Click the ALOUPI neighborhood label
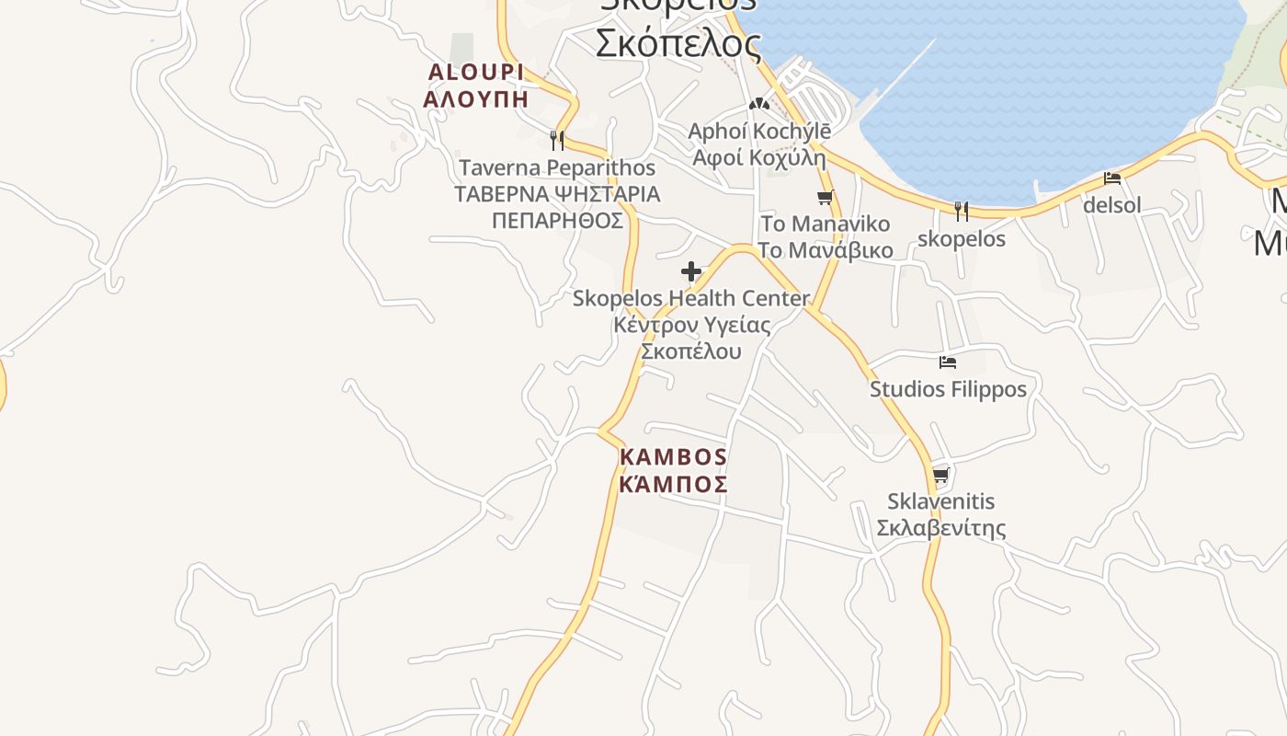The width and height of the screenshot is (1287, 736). tap(475, 72)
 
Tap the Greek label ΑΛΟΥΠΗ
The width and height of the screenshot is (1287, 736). tap(475, 98)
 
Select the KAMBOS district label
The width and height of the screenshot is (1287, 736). tap(673, 457)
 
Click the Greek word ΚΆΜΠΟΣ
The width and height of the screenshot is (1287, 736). tap(673, 484)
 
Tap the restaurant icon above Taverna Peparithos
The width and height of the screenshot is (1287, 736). tap(556, 140)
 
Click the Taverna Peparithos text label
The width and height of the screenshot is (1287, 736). tap(557, 168)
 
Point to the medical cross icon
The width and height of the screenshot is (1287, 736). tap(691, 271)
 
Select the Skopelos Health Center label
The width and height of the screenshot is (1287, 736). tap(691, 299)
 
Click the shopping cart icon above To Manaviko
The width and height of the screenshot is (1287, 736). tap(826, 197)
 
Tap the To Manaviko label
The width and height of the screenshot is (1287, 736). tap(826, 224)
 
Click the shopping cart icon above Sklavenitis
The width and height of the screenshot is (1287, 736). tap(940, 476)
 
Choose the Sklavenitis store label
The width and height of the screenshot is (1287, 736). tap(940, 502)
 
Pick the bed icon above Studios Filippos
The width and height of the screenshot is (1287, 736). tap(948, 362)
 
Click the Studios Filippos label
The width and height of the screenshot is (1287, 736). tap(948, 389)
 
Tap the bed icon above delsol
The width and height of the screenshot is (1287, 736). tap(1112, 178)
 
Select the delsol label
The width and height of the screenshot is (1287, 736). tap(1112, 205)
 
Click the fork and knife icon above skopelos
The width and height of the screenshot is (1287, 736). tap(962, 212)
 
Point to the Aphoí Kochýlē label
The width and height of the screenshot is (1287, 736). tap(759, 132)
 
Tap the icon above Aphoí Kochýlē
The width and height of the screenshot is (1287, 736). tap(759, 104)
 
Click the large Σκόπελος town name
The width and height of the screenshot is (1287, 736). tap(678, 43)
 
